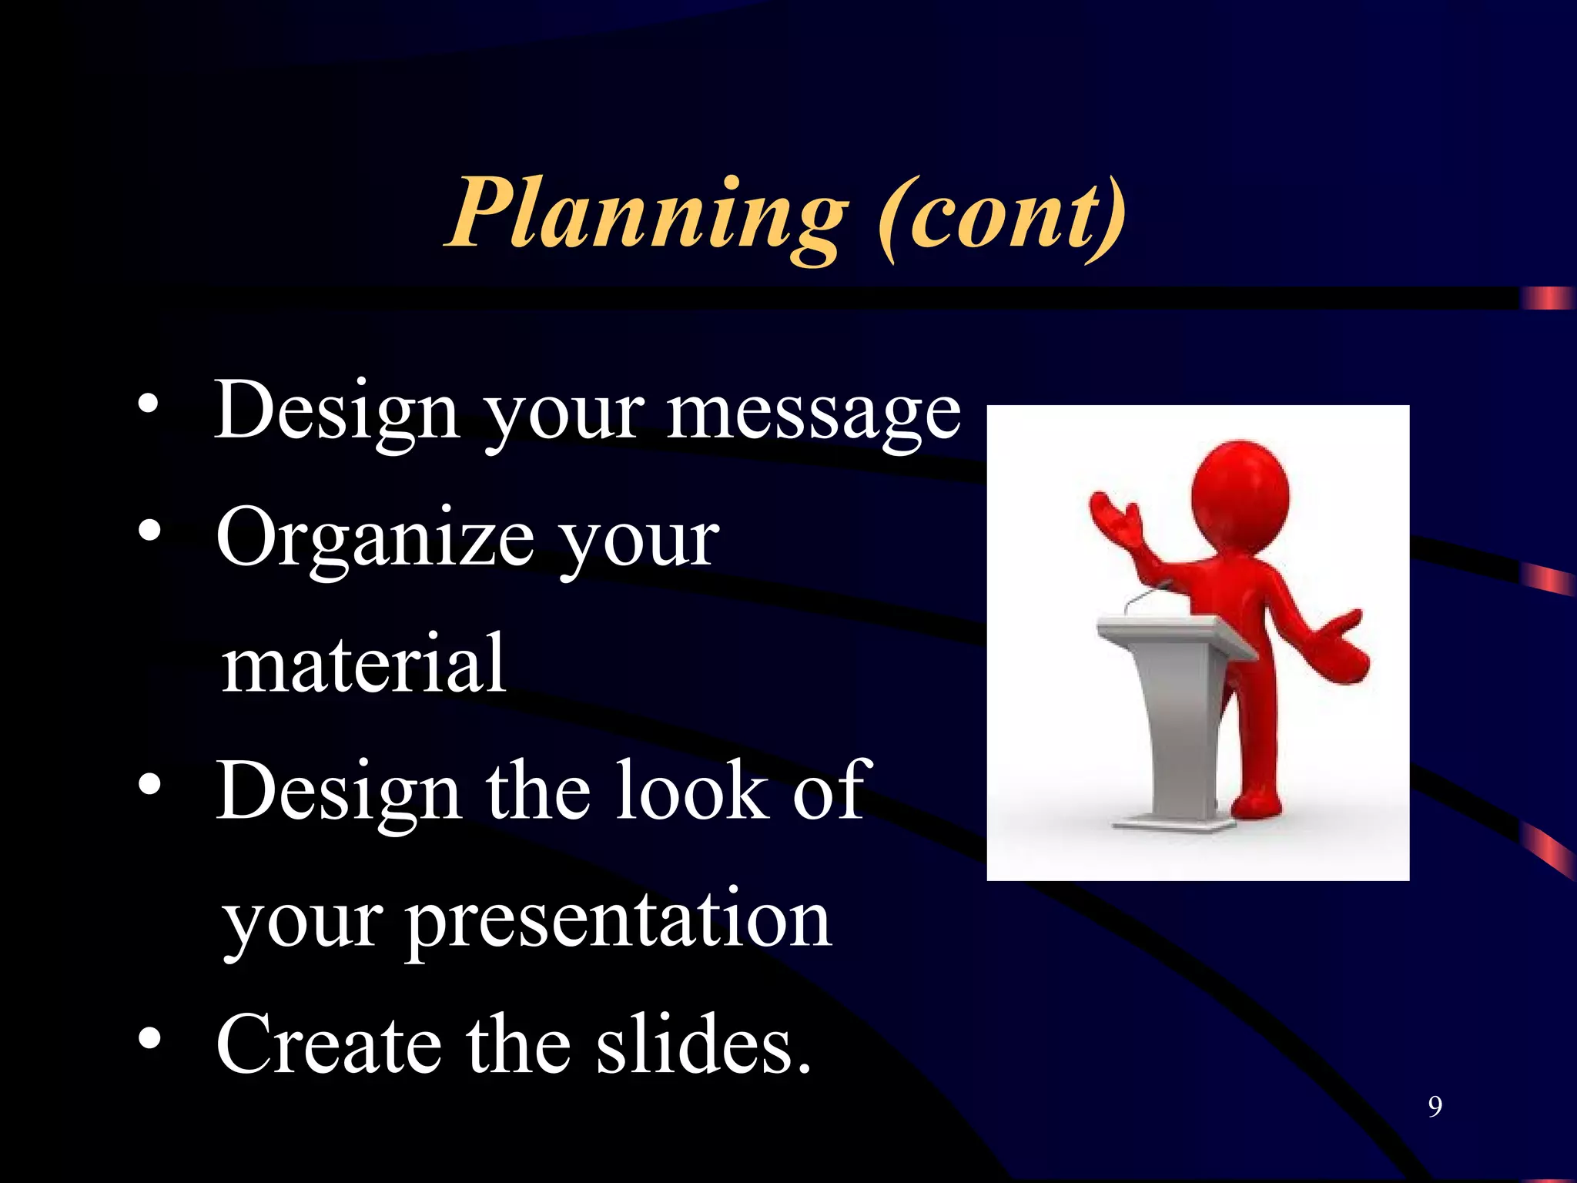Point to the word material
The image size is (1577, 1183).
[363, 664]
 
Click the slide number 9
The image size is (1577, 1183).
[1435, 1107]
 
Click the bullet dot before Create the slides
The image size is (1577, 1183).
[149, 1039]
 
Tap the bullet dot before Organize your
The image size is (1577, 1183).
[149, 531]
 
